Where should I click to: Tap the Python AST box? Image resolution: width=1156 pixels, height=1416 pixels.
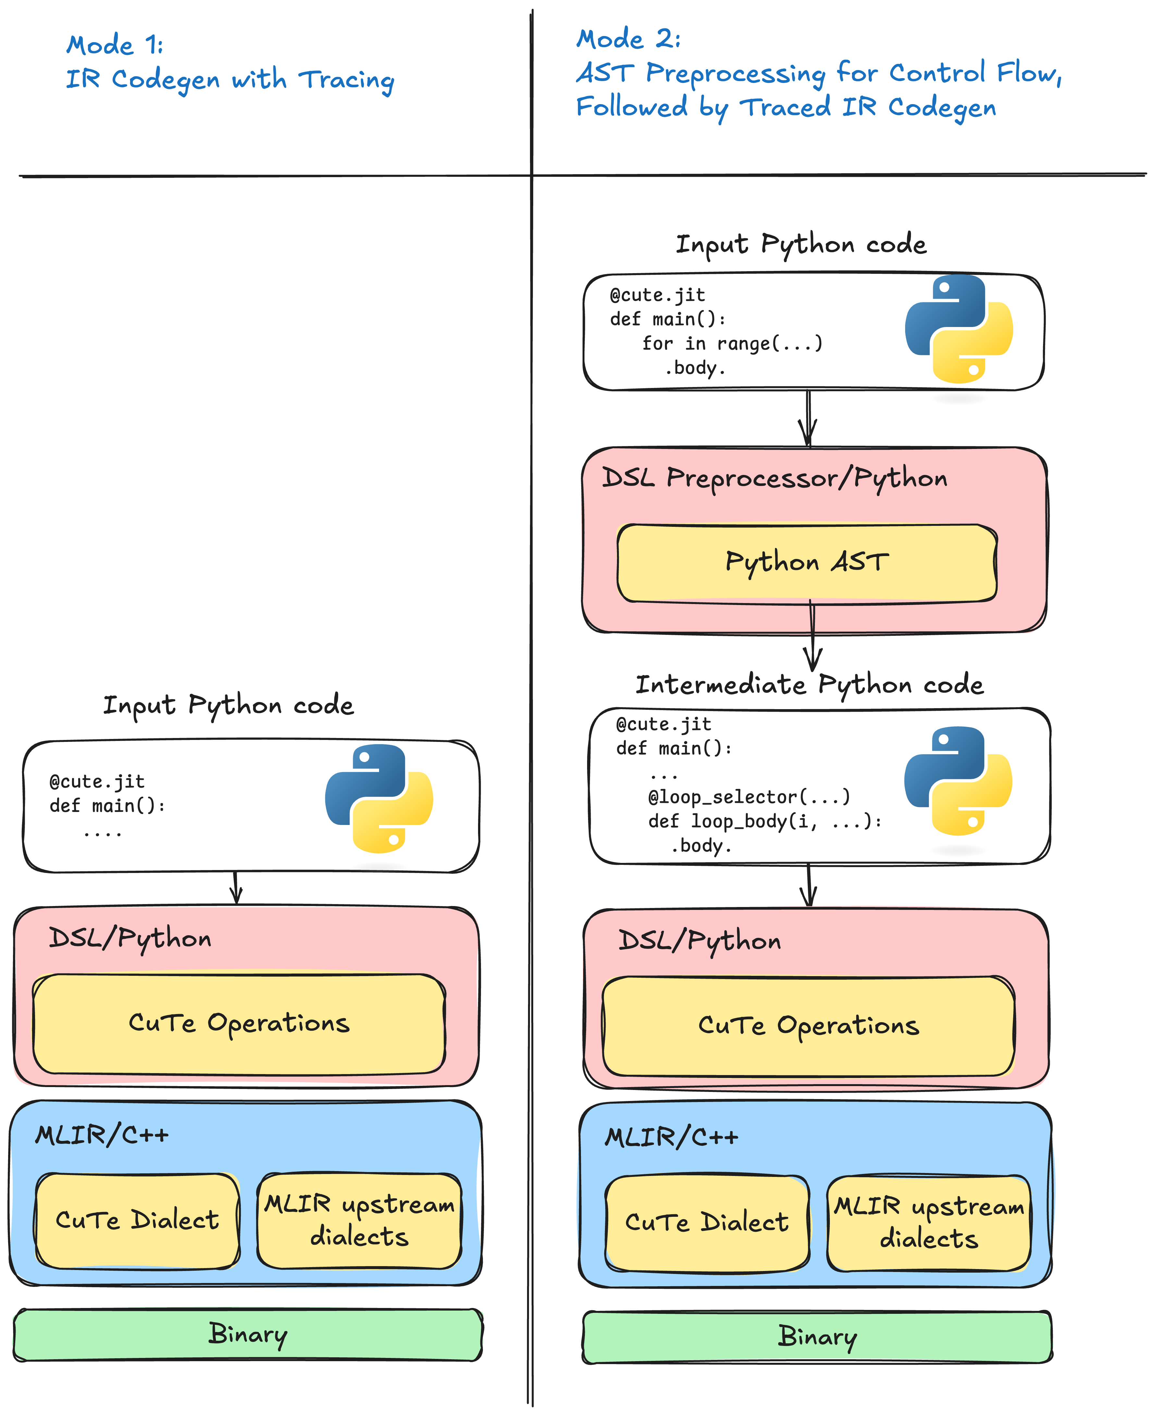pos(806,563)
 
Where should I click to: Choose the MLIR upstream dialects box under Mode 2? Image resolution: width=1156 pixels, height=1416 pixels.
pos(929,1223)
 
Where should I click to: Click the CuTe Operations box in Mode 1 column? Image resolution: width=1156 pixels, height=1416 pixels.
pos(239,1023)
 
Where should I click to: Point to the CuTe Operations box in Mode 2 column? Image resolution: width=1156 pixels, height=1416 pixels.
pos(808,1026)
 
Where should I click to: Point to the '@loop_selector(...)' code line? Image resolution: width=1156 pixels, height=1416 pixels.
pos(749,797)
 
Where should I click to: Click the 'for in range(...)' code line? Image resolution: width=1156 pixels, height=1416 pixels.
pos(732,344)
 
